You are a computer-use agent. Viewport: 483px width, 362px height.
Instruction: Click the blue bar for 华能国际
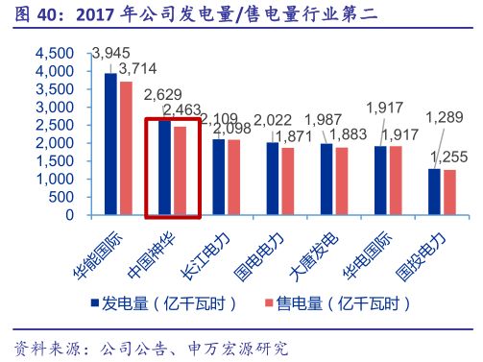[x=110, y=144]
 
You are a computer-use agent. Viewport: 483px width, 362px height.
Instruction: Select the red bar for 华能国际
[x=126, y=148]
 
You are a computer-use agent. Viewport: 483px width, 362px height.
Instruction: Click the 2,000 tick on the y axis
[x=55, y=143]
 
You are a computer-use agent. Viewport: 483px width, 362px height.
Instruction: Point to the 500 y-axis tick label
[x=61, y=197]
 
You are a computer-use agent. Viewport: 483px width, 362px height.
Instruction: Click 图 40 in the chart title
[x=31, y=14]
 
